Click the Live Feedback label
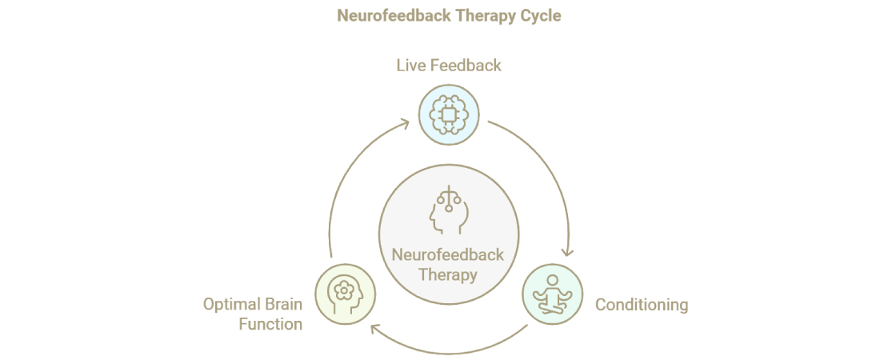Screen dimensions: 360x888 (x=449, y=65)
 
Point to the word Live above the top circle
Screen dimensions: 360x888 (x=410, y=65)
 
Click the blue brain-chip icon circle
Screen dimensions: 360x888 (x=449, y=115)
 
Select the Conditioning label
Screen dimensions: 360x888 (x=642, y=304)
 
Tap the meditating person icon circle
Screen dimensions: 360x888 (x=552, y=295)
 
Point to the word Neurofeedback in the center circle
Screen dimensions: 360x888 (x=448, y=255)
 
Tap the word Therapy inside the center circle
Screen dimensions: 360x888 (x=448, y=275)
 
